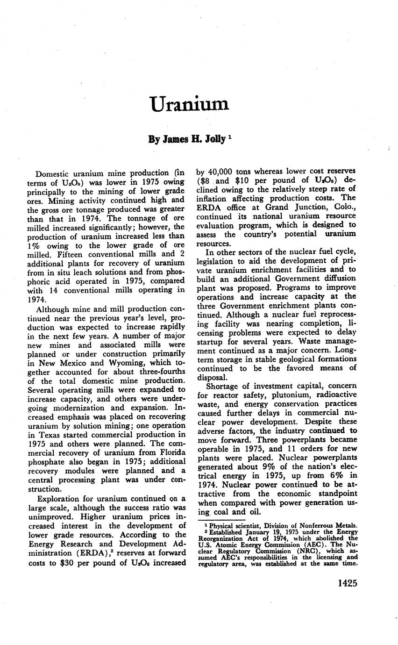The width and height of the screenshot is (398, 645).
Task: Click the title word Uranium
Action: pyautogui.click(x=189, y=104)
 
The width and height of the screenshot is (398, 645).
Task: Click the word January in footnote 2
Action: pyautogui.click(x=252, y=531)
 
